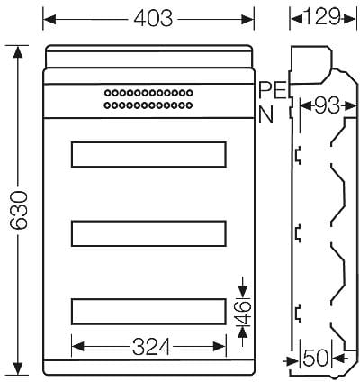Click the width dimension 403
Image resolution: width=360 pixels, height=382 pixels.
coord(153,19)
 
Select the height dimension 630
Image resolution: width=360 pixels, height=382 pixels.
coord(19,210)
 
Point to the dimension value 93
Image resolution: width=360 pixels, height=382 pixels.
coord(328,105)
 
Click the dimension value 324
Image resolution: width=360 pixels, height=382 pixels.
coord(152,347)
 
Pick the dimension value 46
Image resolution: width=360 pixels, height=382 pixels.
coord(244,313)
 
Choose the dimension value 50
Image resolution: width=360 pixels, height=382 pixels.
coord(316,358)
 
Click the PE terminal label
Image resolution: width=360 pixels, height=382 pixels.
coord(273,90)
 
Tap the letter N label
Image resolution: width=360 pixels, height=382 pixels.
coord(265,114)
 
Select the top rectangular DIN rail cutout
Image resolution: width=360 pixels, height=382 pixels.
coord(148,154)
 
